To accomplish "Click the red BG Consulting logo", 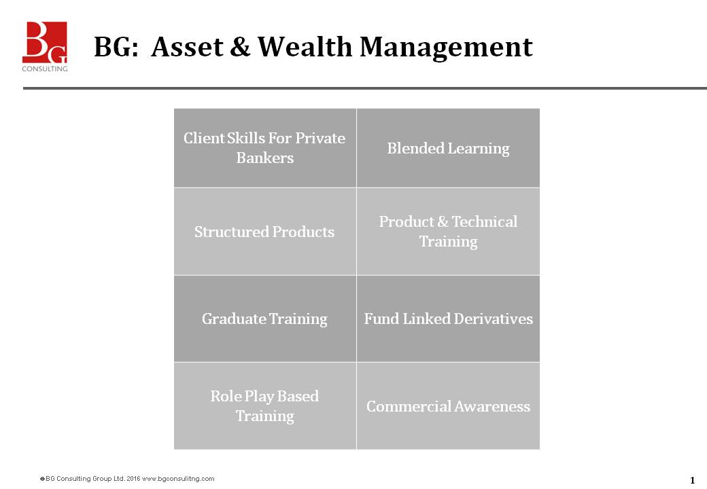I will coord(45,42).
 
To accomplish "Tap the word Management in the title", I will coord(446,47).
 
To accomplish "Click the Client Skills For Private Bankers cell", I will coord(264,148).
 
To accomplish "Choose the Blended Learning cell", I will coord(448,148).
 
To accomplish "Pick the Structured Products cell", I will coord(264,232).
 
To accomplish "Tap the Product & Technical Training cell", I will coord(448,232).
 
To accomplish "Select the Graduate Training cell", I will coord(264,319).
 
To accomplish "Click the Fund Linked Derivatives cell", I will coord(448,319).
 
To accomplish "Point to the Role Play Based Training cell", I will coord(264,405).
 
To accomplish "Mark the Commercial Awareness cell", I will coord(448,406).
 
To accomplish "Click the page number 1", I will coord(692,480).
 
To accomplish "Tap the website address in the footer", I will coord(178,479).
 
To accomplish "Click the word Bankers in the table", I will coord(264,158).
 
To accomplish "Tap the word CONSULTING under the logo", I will coord(45,68).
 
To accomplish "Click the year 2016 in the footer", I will coord(133,479).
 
